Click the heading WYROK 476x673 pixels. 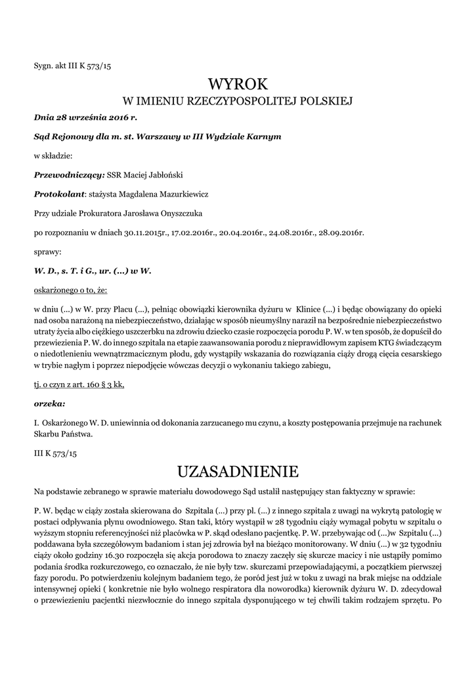(238, 84)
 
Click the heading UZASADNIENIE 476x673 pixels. (238, 471)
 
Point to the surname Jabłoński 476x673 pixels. (165, 175)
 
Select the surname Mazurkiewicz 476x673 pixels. (184, 195)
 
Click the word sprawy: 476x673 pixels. (48, 252)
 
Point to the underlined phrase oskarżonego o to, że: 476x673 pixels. (70, 289)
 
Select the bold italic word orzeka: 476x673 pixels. (49, 404)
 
